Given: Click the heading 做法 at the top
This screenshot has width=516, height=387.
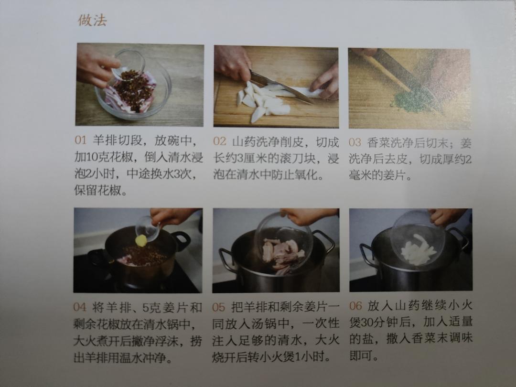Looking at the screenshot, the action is (x=93, y=21).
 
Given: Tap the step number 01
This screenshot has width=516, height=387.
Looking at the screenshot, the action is (x=80, y=140).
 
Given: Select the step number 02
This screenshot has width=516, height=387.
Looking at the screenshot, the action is (x=219, y=141).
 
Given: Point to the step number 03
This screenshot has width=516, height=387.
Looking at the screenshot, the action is (x=355, y=142).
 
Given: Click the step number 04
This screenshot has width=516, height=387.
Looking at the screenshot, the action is (x=80, y=307).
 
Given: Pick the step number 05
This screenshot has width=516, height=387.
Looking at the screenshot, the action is (x=218, y=307).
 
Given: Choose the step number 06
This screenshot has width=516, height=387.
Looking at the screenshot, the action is (x=355, y=306).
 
